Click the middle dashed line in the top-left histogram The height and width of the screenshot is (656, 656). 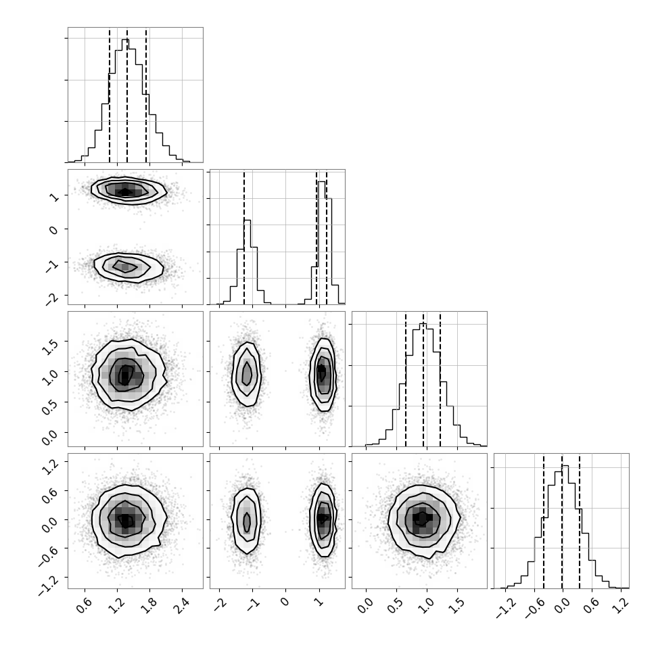tap(126, 95)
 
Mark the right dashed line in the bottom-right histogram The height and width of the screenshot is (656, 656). tap(580, 521)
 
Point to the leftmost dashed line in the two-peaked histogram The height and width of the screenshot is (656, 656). tap(244, 237)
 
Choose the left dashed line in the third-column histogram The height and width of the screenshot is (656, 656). tap(405, 379)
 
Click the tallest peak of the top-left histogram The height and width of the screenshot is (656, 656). tap(126, 40)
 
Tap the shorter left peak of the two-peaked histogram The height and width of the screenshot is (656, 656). tap(248, 220)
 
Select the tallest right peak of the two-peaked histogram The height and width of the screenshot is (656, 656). tap(322, 182)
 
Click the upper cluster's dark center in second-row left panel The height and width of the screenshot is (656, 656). tap(126, 192)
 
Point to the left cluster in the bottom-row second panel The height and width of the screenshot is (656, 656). tap(247, 521)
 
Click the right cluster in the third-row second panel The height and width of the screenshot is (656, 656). tap(323, 375)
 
